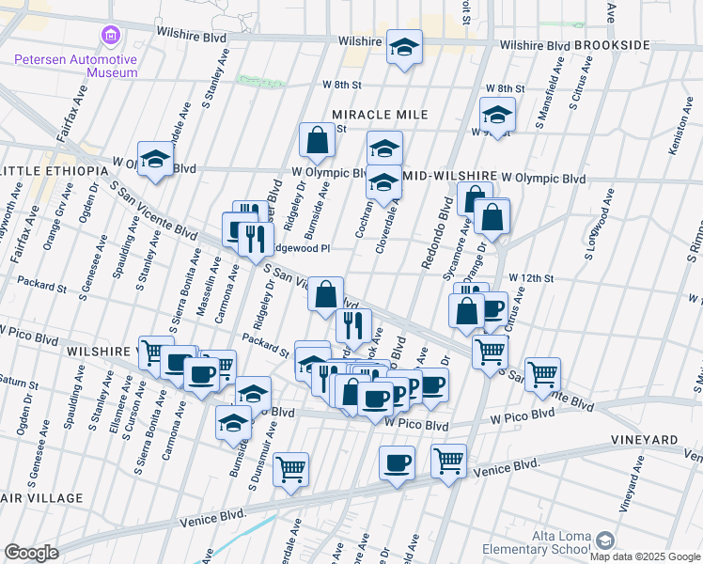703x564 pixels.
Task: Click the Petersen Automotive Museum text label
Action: tap(75, 66)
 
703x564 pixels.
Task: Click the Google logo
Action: tap(31, 553)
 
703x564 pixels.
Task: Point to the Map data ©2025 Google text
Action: tap(645, 556)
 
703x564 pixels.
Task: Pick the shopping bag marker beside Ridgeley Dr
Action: tap(318, 141)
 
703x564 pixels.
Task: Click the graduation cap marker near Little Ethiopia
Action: tap(155, 159)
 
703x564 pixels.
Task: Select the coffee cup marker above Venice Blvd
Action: tap(397, 463)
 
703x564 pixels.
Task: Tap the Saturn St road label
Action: tap(19, 384)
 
